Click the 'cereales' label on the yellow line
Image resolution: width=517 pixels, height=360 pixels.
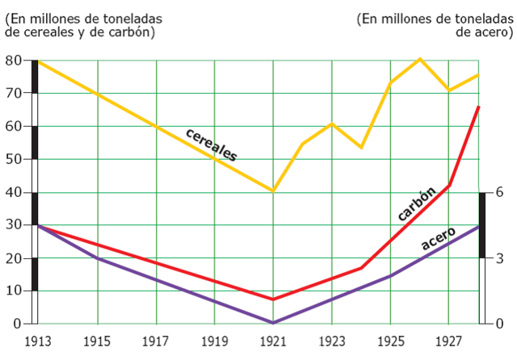click(211, 144)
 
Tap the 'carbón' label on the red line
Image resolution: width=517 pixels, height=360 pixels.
click(417, 203)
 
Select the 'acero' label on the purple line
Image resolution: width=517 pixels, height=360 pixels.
click(439, 237)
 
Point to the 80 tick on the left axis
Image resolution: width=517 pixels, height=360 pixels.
click(12, 61)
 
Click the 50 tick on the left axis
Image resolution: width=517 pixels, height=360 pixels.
click(12, 160)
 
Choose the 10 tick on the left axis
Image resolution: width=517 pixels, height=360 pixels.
click(12, 291)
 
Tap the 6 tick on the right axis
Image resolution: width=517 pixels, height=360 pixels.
click(500, 192)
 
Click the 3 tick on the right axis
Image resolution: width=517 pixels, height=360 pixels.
click(500, 258)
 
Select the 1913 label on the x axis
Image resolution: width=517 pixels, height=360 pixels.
click(37, 341)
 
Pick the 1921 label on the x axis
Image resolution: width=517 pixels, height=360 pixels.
click(274, 341)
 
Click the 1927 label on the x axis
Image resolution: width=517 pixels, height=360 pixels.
click(449, 341)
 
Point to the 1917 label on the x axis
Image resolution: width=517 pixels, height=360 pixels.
click(156, 341)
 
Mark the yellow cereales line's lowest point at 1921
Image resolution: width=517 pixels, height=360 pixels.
click(274, 191)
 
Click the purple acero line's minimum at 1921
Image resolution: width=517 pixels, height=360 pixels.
click(274, 323)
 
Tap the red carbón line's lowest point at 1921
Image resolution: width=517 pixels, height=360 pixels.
click(274, 299)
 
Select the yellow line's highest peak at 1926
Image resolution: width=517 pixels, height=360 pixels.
click(420, 58)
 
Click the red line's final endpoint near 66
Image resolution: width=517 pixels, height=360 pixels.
click(479, 107)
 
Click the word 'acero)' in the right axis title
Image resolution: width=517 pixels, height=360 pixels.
click(495, 32)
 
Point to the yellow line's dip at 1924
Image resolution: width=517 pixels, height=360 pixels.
click(361, 148)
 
